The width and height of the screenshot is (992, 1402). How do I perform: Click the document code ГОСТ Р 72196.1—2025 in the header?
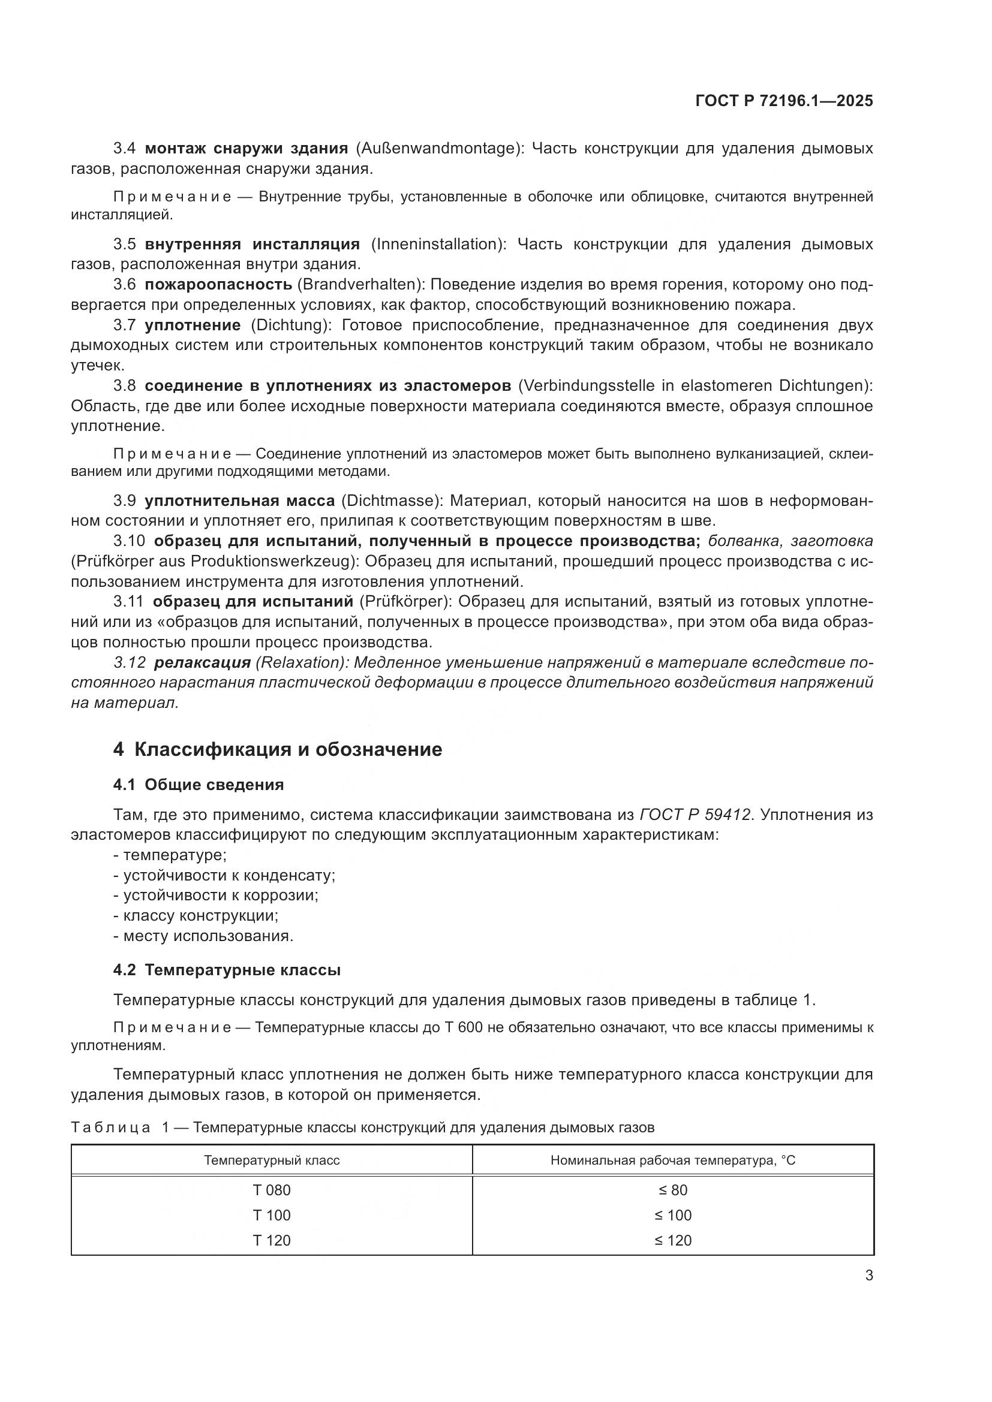point(784,101)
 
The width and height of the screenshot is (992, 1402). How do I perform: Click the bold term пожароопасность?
point(218,285)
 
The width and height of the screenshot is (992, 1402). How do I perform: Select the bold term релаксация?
point(202,662)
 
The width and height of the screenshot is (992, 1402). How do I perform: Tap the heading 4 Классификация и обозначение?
point(277,749)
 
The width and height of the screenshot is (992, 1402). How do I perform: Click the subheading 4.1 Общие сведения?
point(199,785)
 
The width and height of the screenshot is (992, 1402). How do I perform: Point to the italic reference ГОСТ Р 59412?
point(695,815)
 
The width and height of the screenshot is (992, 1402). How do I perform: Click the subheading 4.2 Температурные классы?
point(227,970)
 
